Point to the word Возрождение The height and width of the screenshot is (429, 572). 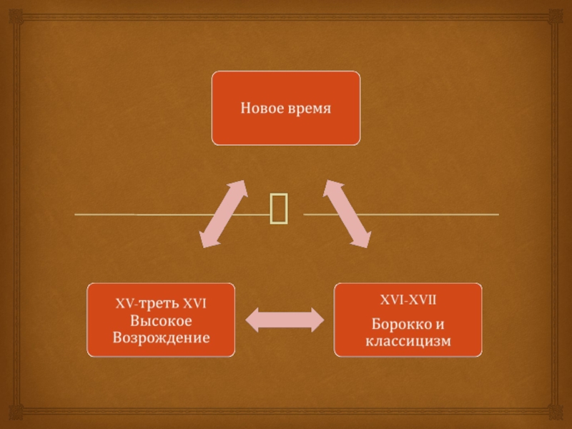pyautogui.click(x=161, y=336)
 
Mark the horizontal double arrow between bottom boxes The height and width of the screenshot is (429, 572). pyautogui.click(x=285, y=320)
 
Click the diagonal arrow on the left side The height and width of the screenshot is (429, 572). pyautogui.click(x=223, y=214)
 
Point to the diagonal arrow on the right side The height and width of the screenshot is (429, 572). pyautogui.click(x=347, y=214)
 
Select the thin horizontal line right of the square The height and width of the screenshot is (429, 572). pyautogui.click(x=400, y=214)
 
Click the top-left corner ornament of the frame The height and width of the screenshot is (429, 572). pyautogui.click(x=16, y=16)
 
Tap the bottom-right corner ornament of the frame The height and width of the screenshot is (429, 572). pyautogui.click(x=556, y=413)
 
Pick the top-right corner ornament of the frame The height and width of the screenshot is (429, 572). pyautogui.click(x=556, y=16)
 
